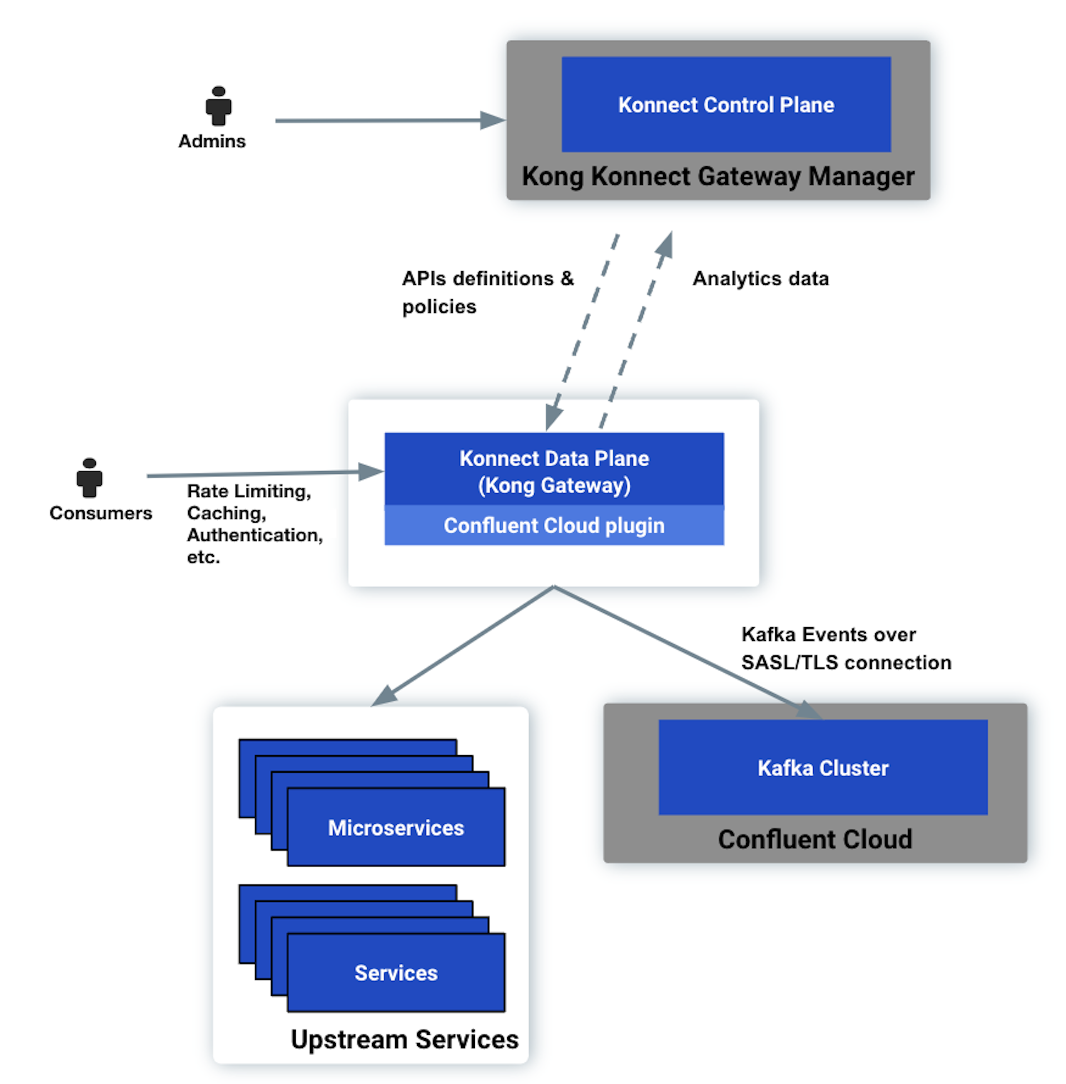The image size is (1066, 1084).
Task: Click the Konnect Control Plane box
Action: [x=726, y=104]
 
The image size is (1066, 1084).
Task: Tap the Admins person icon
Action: [x=218, y=106]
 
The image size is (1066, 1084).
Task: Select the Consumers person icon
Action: [x=90, y=478]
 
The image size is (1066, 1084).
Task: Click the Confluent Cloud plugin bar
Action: [x=554, y=526]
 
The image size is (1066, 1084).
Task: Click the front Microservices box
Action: [x=396, y=827]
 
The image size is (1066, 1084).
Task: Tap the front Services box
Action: [x=396, y=973]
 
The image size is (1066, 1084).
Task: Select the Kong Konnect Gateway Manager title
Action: [x=718, y=176]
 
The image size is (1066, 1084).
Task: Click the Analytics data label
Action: [x=760, y=278]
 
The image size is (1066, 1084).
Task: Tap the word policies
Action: [x=439, y=307]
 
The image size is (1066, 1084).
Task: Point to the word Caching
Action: [x=226, y=513]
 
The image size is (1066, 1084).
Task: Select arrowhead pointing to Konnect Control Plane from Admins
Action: [x=493, y=120]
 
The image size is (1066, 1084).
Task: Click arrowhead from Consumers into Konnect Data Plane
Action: [x=371, y=472]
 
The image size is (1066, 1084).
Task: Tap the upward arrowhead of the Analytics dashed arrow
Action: [x=666, y=244]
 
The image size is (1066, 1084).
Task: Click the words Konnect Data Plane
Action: [x=554, y=458]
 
